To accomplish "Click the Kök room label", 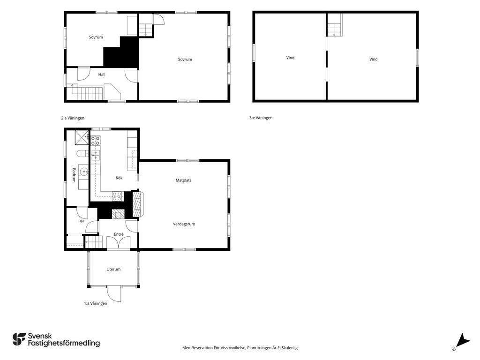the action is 119,178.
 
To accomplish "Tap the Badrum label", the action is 74,175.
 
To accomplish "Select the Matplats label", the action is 183,180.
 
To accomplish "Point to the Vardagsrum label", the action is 184,224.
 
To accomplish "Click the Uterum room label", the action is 113,270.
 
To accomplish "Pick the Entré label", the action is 119,234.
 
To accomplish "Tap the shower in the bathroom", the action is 82,137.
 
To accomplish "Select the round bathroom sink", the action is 84,172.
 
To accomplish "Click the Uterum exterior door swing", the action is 114,294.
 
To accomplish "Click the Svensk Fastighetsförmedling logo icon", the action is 19,339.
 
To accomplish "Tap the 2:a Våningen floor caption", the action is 73,118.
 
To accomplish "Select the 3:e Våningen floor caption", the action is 261,118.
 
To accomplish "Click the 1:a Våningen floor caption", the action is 96,303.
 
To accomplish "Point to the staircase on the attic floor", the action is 334,25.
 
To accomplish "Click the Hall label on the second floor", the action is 102,75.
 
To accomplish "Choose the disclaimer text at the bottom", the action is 240,348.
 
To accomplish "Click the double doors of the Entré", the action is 118,243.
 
